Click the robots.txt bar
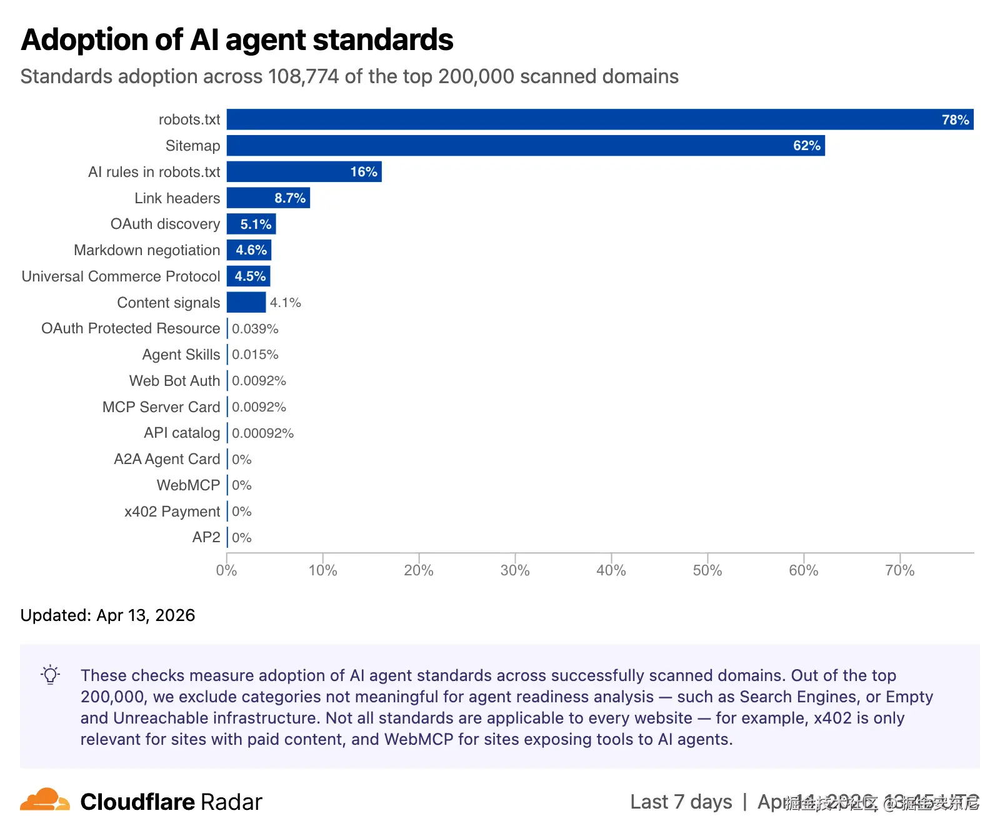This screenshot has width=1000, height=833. pyautogui.click(x=600, y=119)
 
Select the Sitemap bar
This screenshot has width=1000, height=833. pyautogui.click(x=525, y=146)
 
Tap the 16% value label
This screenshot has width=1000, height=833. pyautogui.click(x=364, y=172)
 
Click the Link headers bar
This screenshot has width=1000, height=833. pyautogui.click(x=268, y=198)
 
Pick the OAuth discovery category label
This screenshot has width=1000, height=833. pyautogui.click(x=165, y=224)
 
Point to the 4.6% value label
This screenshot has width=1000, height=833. pyautogui.click(x=251, y=250)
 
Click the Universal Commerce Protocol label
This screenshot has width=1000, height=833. pyautogui.click(x=121, y=276)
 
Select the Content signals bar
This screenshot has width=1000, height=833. pyautogui.click(x=246, y=303)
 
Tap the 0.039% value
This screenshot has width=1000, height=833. pyautogui.click(x=255, y=329)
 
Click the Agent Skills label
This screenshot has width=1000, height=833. pyautogui.click(x=181, y=355)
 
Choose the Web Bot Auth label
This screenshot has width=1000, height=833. pyautogui.click(x=174, y=381)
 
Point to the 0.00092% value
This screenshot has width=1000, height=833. pyautogui.click(x=262, y=433)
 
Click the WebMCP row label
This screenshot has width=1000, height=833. pyautogui.click(x=188, y=485)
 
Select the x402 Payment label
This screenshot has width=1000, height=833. pyautogui.click(x=172, y=512)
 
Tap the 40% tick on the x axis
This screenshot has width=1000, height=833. pyautogui.click(x=611, y=570)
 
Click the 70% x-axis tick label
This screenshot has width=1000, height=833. pyautogui.click(x=899, y=570)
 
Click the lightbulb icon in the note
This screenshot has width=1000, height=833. pyautogui.click(x=51, y=675)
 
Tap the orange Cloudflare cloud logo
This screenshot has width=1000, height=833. pyautogui.click(x=44, y=800)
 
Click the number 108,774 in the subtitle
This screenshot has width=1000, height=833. pyautogui.click(x=303, y=76)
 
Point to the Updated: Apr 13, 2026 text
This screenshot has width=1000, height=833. pyautogui.click(x=107, y=615)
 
